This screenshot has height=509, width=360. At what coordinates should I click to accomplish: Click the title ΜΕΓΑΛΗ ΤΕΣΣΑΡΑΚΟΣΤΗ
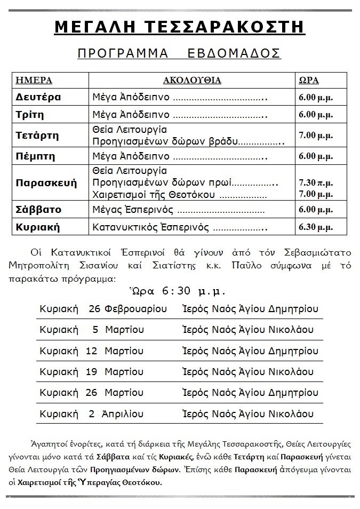(179, 27)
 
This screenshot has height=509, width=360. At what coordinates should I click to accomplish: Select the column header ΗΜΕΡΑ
(34, 81)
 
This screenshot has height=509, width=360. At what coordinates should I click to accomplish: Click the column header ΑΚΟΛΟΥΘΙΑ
(191, 81)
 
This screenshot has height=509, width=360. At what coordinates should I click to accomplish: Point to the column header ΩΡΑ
(308, 81)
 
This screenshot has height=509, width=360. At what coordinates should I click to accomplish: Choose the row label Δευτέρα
(38, 97)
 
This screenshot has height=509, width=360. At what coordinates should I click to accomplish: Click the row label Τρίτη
(30, 115)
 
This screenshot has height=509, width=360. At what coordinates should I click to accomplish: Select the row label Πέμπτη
(36, 156)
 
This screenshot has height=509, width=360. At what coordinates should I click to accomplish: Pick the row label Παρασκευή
(46, 182)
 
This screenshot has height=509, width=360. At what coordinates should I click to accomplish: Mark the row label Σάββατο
(39, 210)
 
